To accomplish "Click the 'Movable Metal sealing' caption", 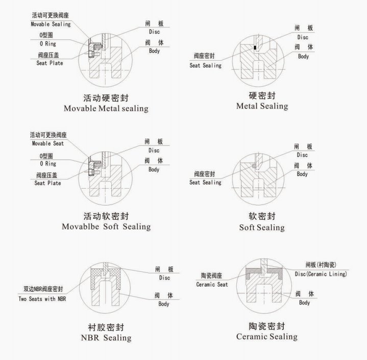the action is (x=106, y=109).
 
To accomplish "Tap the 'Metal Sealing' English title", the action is (x=262, y=106).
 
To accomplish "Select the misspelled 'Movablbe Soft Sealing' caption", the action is (x=106, y=227).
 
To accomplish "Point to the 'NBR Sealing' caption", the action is (x=106, y=338).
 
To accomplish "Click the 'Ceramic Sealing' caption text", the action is (x=267, y=337).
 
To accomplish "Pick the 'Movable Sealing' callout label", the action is (x=51, y=24).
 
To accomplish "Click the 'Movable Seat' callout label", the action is (x=48, y=143).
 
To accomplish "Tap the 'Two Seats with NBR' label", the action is (x=42, y=299).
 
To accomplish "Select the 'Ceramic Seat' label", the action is (x=212, y=285).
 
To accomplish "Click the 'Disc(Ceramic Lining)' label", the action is (x=321, y=274).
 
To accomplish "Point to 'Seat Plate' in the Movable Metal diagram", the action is (x=50, y=63).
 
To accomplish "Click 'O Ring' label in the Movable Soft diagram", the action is (x=48, y=164).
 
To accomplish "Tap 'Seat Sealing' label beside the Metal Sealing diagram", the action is (x=205, y=65).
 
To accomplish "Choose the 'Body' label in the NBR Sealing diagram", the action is (x=164, y=304).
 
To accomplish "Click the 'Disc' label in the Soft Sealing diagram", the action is (x=302, y=155).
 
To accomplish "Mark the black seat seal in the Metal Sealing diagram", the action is (x=255, y=47).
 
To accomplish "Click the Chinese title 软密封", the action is (x=262, y=216).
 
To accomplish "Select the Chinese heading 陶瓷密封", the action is (x=267, y=326).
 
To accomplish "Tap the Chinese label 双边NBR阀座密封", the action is (x=43, y=289).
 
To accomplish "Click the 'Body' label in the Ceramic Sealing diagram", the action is (x=304, y=303).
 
